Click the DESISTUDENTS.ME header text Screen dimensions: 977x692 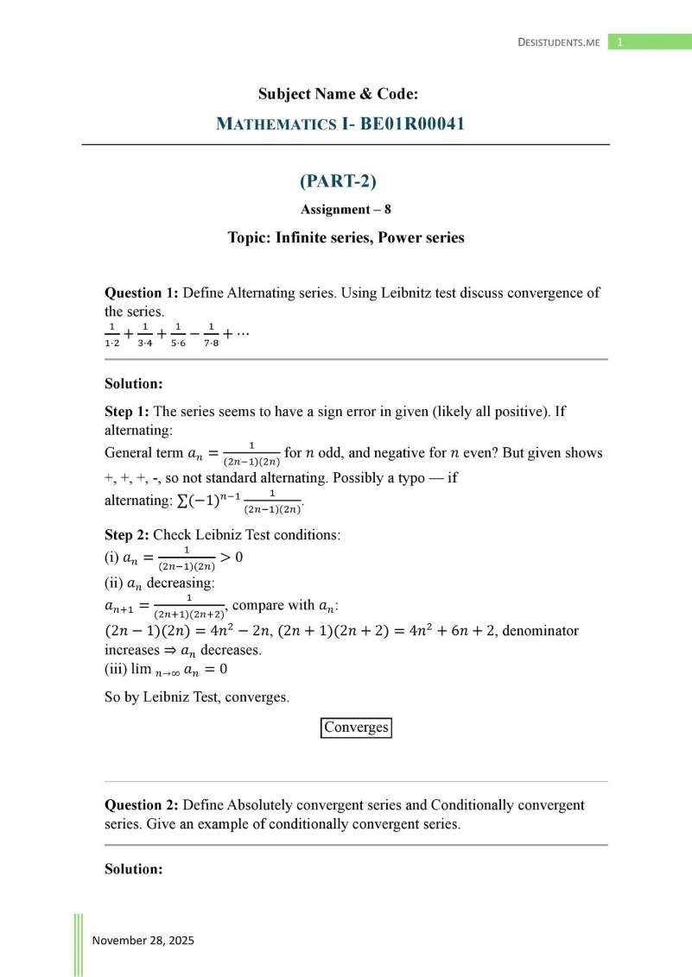pyautogui.click(x=558, y=42)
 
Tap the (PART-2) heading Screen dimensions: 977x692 pyautogui.click(x=339, y=181)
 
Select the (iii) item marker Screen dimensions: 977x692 pyautogui.click(x=115, y=668)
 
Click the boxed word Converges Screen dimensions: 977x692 pyautogui.click(x=356, y=728)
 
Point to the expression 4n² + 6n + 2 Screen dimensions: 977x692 pyautogui.click(x=449, y=631)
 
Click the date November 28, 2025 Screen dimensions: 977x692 pyautogui.click(x=143, y=941)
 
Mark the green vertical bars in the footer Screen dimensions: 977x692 pyautogui.click(x=78, y=944)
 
